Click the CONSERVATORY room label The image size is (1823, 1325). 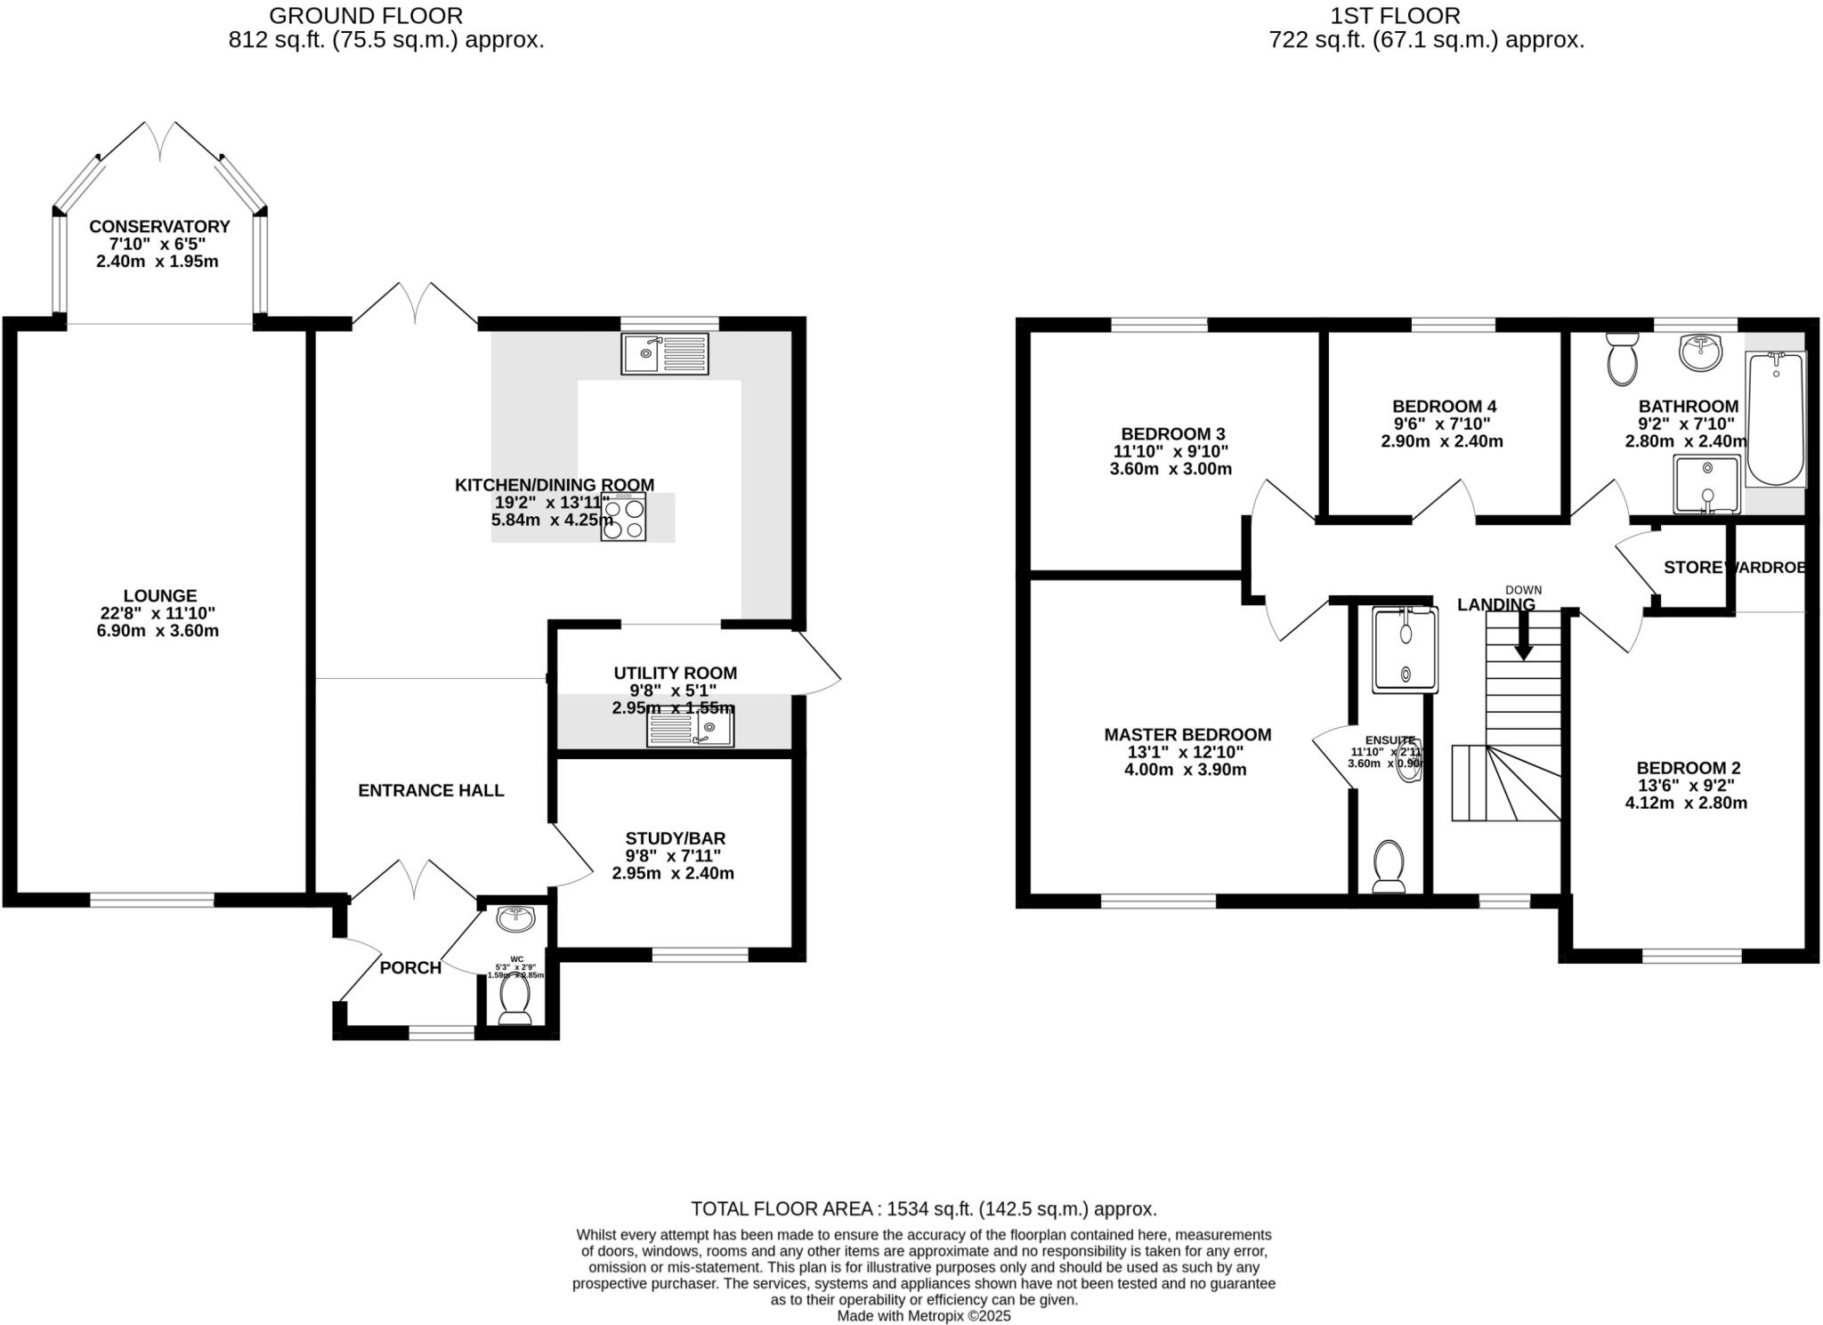click(x=159, y=227)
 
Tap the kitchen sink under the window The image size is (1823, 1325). click(x=666, y=353)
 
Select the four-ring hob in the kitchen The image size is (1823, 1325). click(x=623, y=518)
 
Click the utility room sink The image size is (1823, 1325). click(x=690, y=730)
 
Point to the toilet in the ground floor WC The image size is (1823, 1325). click(x=514, y=1000)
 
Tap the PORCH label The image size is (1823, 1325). click(x=410, y=967)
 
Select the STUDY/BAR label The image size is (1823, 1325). click(x=675, y=838)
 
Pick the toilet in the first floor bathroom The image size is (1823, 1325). click(x=1622, y=361)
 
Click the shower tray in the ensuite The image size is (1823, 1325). click(x=1405, y=650)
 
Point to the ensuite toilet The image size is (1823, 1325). click(x=1389, y=865)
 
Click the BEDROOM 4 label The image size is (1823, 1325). click(x=1438, y=406)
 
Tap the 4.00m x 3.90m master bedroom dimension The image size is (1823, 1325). click(x=1185, y=770)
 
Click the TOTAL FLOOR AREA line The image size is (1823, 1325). click(x=923, y=1208)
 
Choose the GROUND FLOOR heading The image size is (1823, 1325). click(x=365, y=16)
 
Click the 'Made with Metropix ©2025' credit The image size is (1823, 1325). click(x=923, y=1315)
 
